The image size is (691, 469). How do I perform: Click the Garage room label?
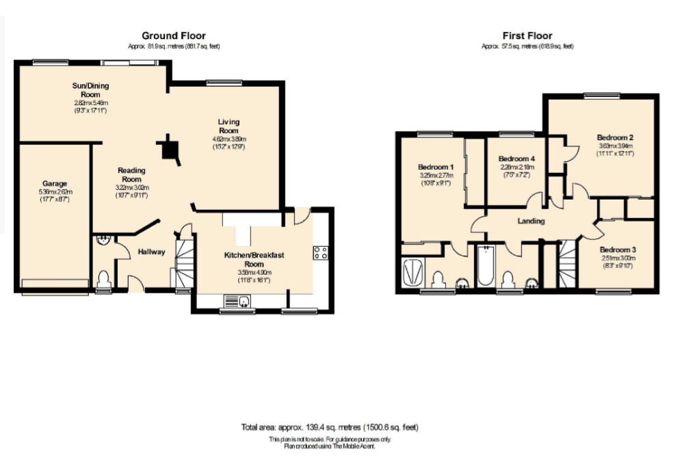click(x=55, y=183)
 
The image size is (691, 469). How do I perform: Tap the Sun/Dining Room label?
click(x=91, y=90)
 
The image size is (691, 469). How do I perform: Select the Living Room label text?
click(x=229, y=126)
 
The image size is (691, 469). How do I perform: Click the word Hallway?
click(x=151, y=252)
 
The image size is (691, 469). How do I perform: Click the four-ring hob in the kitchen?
click(x=320, y=253)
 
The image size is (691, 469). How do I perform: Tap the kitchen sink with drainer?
click(x=235, y=301)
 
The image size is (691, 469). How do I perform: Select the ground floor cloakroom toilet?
click(x=103, y=278)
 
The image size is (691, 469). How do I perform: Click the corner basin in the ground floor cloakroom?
click(x=103, y=241)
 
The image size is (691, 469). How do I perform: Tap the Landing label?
click(x=531, y=221)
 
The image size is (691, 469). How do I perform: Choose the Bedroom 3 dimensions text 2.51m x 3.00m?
click(x=618, y=258)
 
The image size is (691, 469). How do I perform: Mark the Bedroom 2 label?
click(x=614, y=136)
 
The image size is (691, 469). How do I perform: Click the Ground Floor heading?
click(x=173, y=36)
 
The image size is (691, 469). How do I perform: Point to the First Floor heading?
click(x=527, y=36)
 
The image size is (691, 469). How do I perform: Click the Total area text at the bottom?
click(x=329, y=427)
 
